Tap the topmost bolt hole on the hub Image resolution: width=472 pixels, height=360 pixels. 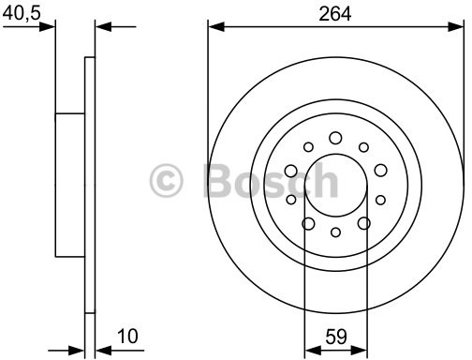[x=334, y=139]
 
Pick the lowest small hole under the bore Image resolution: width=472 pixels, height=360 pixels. [x=334, y=232]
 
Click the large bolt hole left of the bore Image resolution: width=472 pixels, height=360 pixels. [x=290, y=171]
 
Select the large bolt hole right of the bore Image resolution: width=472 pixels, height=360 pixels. [x=380, y=171]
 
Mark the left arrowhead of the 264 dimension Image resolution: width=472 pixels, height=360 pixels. [x=214, y=28]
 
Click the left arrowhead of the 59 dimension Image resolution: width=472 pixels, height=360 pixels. [x=311, y=347]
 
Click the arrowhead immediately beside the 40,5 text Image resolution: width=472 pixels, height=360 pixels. [x=49, y=27]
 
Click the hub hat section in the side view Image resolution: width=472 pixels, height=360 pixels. [x=70, y=183]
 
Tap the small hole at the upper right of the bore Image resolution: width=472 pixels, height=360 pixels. [x=363, y=148]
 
